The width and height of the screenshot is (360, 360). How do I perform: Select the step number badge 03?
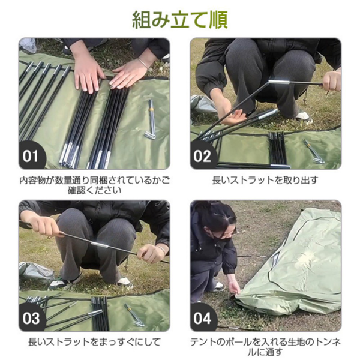[x=32, y=318]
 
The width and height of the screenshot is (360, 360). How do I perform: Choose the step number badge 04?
[x=203, y=318]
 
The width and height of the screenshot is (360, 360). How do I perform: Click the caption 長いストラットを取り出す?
[x=265, y=179]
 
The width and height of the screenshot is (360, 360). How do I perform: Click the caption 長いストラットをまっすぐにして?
[x=94, y=342]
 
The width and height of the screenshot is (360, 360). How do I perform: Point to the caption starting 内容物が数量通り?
[x=94, y=185]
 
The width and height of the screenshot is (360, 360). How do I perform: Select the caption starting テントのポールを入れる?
[x=265, y=347]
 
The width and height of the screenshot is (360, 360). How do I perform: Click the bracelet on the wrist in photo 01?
[x=142, y=62]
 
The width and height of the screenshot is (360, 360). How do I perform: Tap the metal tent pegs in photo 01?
[x=150, y=120]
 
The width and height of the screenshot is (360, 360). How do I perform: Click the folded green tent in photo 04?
[x=294, y=264]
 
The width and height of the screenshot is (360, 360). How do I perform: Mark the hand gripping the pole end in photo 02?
[x=331, y=81]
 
